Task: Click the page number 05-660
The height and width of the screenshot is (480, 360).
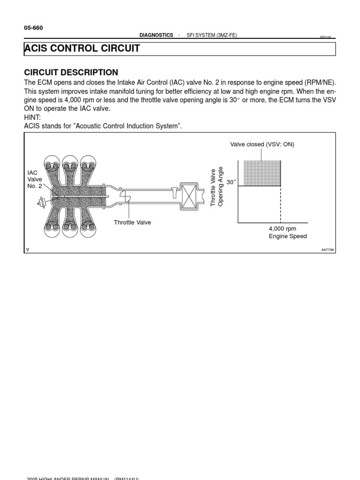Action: coord(33,28)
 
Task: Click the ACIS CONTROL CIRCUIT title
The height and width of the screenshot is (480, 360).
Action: coord(82,49)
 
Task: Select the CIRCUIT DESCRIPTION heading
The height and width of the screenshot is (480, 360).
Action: coord(71,72)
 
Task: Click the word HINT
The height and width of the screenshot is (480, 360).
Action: coord(32,117)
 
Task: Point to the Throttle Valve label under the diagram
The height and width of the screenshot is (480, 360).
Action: coord(132,222)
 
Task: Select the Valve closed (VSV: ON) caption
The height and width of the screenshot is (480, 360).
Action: coord(262,144)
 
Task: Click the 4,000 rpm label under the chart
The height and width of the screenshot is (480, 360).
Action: coord(282,228)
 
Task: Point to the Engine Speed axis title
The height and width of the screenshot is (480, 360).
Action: coord(288,236)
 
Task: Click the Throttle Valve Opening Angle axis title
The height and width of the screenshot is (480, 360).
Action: coord(217,187)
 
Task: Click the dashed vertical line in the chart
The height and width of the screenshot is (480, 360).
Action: coord(280,204)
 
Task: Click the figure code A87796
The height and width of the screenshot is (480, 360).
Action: coord(327,250)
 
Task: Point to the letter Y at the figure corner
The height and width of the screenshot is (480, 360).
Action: coord(27,250)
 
